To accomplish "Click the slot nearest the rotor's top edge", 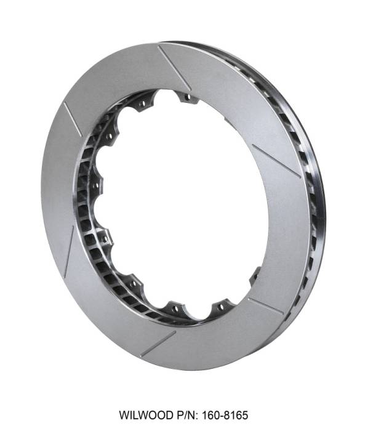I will coord(175,67).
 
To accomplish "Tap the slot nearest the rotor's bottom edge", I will coord(158,344).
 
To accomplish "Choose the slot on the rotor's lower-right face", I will coord(265,305).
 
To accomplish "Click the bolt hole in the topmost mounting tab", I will coord(186,97).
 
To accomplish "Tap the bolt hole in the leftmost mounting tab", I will coord(96,185).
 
